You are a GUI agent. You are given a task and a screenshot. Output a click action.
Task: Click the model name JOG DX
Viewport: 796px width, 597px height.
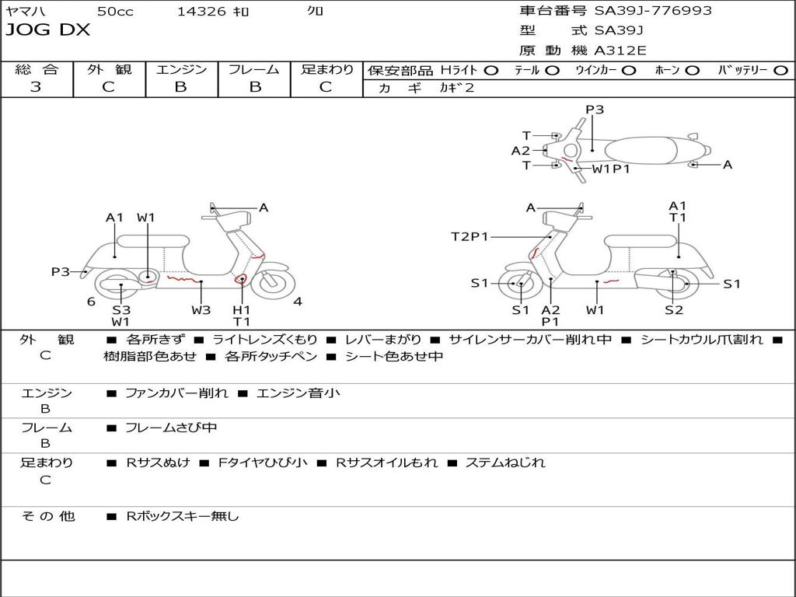pyautogui.click(x=47, y=30)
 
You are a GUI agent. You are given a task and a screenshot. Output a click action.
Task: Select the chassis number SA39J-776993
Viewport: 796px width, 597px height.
pyautogui.click(x=653, y=11)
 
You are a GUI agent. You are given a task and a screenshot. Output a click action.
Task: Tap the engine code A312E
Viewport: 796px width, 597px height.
pyautogui.click(x=620, y=51)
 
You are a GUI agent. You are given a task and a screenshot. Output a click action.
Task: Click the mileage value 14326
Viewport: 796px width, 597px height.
pyautogui.click(x=201, y=11)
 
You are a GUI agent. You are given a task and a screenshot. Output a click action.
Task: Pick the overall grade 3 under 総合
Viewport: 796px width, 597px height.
pyautogui.click(x=36, y=87)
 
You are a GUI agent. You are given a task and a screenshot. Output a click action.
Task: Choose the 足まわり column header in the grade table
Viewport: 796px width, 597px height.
pyautogui.click(x=326, y=69)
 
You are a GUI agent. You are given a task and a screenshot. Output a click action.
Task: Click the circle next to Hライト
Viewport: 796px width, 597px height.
pyautogui.click(x=491, y=71)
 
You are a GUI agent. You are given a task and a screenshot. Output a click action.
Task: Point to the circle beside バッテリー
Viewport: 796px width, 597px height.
pyautogui.click(x=780, y=71)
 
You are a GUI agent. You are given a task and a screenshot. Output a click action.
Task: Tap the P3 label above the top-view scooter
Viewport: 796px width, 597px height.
pyautogui.click(x=595, y=110)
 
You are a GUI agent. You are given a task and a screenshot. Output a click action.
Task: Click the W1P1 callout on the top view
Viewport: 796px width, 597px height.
pyautogui.click(x=611, y=169)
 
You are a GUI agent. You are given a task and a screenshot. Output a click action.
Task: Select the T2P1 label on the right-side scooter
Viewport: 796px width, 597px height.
pyautogui.click(x=470, y=236)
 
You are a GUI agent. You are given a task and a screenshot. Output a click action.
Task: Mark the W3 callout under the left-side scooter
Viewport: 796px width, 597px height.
pyautogui.click(x=201, y=309)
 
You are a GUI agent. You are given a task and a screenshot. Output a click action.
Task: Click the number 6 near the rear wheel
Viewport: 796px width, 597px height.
pyautogui.click(x=92, y=302)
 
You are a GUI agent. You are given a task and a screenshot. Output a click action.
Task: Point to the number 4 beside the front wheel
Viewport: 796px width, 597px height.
pyautogui.click(x=298, y=302)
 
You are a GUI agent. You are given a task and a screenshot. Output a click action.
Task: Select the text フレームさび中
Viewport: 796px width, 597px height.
pyautogui.click(x=171, y=428)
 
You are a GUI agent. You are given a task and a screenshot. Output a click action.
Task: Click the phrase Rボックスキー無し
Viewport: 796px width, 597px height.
pyautogui.click(x=182, y=516)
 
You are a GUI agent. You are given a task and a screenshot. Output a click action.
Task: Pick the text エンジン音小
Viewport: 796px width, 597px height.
pyautogui.click(x=298, y=393)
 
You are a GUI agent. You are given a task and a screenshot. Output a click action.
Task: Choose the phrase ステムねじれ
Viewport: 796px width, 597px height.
pyautogui.click(x=505, y=463)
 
